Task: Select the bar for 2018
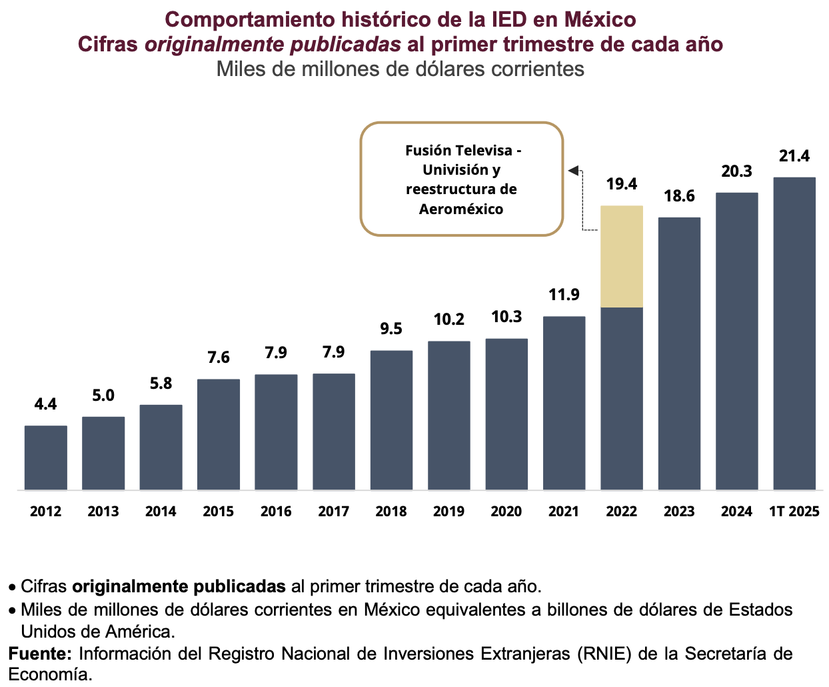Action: coord(391,420)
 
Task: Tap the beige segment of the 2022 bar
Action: coord(622,256)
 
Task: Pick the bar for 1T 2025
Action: coord(794,333)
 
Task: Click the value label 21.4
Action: coord(794,156)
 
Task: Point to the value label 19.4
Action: coord(622,184)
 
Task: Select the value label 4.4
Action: coord(46,404)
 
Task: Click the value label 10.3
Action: coord(506,317)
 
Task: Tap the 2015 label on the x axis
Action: coord(219,512)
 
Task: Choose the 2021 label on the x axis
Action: coord(564,512)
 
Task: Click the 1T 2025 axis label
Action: coord(794,512)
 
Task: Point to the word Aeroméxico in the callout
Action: coord(461,209)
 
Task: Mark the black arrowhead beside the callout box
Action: coord(573,171)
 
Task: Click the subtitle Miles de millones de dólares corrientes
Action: coord(401,69)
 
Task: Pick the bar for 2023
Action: coord(679,354)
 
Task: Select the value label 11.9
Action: coord(564,295)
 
